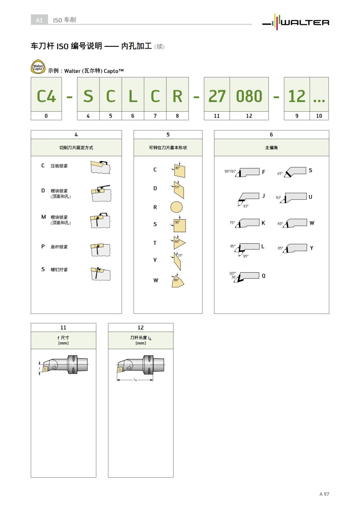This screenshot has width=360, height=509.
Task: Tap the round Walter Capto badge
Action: (x=38, y=67)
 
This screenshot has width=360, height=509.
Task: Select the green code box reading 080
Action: (x=249, y=96)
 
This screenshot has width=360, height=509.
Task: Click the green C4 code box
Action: (x=46, y=96)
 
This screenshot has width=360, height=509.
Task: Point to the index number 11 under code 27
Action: (x=217, y=116)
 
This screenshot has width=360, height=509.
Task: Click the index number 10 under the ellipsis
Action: (x=319, y=116)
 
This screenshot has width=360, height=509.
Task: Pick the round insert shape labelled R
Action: (x=176, y=207)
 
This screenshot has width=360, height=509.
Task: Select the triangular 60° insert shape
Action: (x=178, y=243)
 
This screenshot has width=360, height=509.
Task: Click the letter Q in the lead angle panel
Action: (x=263, y=276)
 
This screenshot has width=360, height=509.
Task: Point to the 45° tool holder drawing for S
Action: (x=296, y=172)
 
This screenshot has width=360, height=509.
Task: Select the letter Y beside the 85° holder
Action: (x=311, y=248)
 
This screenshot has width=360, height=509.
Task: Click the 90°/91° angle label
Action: (x=230, y=171)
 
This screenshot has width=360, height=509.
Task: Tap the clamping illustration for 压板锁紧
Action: (x=100, y=167)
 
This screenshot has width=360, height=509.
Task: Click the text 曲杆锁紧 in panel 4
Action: (x=59, y=247)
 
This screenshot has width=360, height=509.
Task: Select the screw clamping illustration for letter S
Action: (x=100, y=273)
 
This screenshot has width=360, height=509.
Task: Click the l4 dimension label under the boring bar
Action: (x=135, y=380)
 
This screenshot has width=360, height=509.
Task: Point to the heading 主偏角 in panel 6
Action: (x=271, y=148)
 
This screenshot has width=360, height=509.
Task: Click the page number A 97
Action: (x=324, y=494)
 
